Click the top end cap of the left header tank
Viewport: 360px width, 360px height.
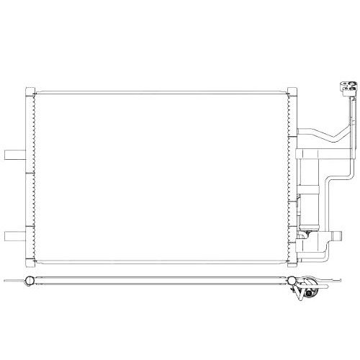30,89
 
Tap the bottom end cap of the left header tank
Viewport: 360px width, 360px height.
30,261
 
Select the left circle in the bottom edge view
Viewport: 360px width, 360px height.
29,280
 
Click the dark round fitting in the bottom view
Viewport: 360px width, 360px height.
310,293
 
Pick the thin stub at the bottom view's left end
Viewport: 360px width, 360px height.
12,280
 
